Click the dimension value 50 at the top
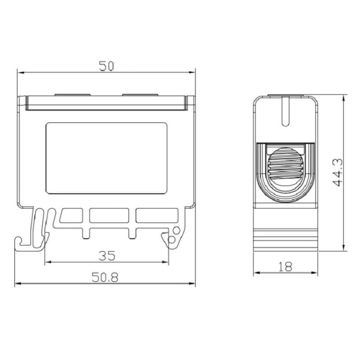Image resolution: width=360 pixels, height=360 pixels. [106, 66]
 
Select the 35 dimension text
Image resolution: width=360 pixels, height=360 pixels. [107, 256]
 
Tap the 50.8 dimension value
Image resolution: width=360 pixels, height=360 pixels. [105, 277]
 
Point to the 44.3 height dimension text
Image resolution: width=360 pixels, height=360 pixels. [337, 172]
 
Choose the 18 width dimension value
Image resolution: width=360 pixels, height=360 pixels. [285, 267]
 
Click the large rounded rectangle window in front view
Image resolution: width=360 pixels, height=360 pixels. [107, 158]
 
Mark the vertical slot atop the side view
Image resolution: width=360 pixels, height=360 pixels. [286, 111]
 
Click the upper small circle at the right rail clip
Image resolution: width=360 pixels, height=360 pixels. [177, 231]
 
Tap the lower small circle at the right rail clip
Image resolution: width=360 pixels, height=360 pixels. [171, 240]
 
